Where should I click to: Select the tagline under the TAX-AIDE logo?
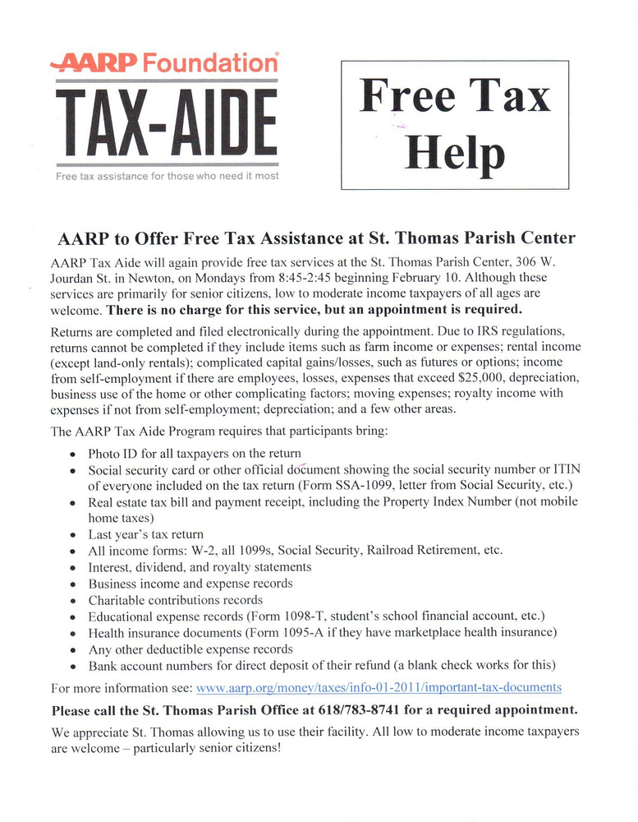coord(167,176)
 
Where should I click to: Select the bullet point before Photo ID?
coord(74,454)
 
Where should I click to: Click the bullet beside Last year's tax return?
coord(74,534)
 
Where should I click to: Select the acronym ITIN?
coord(566,469)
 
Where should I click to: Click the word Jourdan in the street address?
coord(77,278)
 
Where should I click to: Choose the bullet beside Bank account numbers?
coord(74,665)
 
